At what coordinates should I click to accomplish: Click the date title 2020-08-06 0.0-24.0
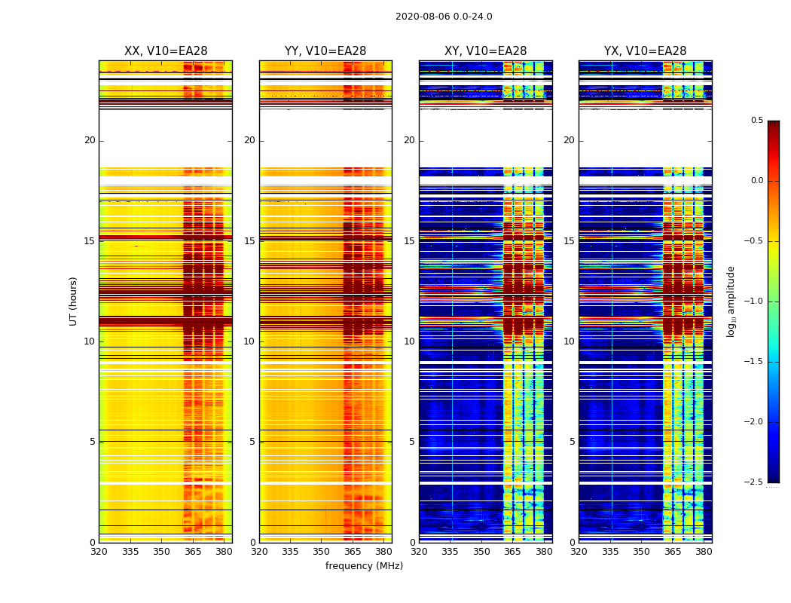pyautogui.click(x=444, y=17)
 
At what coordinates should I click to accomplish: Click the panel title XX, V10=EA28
pyautogui.click(x=166, y=51)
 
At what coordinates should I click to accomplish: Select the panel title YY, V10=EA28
pyautogui.click(x=325, y=51)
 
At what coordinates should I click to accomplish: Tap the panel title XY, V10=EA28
pyautogui.click(x=485, y=51)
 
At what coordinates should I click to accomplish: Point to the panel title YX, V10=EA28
pyautogui.click(x=645, y=51)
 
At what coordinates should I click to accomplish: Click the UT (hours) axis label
pyautogui.click(x=73, y=301)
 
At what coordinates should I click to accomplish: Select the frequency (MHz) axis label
pyautogui.click(x=364, y=566)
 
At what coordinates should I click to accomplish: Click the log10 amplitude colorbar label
pyautogui.click(x=731, y=301)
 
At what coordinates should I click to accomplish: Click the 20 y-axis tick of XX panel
pyautogui.click(x=90, y=140)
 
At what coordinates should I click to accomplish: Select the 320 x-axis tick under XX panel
pyautogui.click(x=99, y=552)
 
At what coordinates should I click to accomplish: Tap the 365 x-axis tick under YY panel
pyautogui.click(x=353, y=552)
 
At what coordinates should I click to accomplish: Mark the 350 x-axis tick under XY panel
pyautogui.click(x=481, y=552)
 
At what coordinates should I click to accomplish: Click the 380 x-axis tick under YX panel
pyautogui.click(x=704, y=552)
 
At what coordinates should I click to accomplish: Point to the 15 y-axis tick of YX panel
pyautogui.click(x=569, y=241)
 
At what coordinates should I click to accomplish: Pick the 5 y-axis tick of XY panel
pyautogui.click(x=412, y=442)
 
